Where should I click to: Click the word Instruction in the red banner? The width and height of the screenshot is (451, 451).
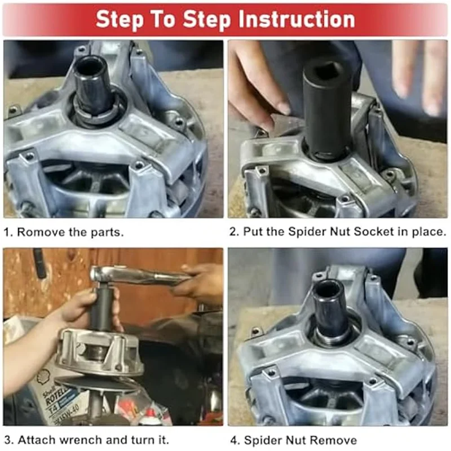click(x=297, y=20)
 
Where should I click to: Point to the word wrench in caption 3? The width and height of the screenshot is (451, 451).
click(x=82, y=440)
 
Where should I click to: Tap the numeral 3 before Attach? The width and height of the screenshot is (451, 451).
click(x=8, y=440)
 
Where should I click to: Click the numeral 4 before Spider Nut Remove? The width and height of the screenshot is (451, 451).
click(x=234, y=440)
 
